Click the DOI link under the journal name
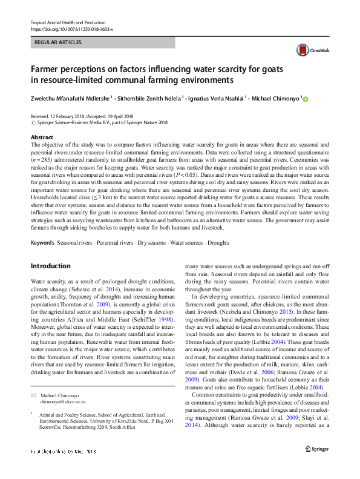(72, 29)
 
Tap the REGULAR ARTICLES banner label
(59, 43)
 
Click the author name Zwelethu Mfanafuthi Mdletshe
(69, 99)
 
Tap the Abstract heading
(42, 138)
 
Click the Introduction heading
(50, 266)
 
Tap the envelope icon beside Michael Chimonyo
(33, 395)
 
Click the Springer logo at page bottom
(316, 466)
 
